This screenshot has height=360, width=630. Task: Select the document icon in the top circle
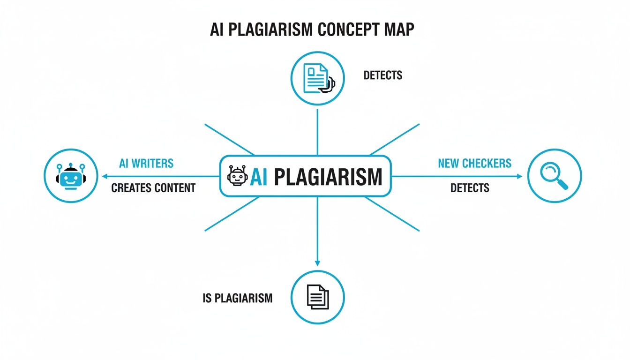[x=315, y=78]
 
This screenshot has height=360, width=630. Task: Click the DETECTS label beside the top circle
[x=382, y=75]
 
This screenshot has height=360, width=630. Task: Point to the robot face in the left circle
[x=70, y=176]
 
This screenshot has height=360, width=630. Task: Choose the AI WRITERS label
[x=146, y=164]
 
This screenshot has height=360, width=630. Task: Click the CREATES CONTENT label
[x=153, y=188]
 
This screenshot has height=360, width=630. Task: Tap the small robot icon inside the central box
[x=237, y=176]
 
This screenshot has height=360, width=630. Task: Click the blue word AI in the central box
[x=259, y=177]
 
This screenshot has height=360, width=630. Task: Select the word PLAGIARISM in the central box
[x=328, y=177]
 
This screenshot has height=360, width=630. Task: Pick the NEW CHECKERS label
[x=474, y=164]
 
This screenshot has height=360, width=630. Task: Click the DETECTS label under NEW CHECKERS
[x=470, y=188]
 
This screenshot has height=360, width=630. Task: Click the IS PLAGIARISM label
[x=238, y=298]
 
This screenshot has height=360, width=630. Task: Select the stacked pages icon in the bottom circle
[x=318, y=297]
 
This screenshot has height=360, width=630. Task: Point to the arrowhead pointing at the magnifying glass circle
[x=519, y=176]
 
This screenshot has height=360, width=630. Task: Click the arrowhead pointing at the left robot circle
[x=105, y=176]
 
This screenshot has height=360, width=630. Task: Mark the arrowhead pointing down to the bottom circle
[x=317, y=263]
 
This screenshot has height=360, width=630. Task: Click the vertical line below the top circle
[x=317, y=131]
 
